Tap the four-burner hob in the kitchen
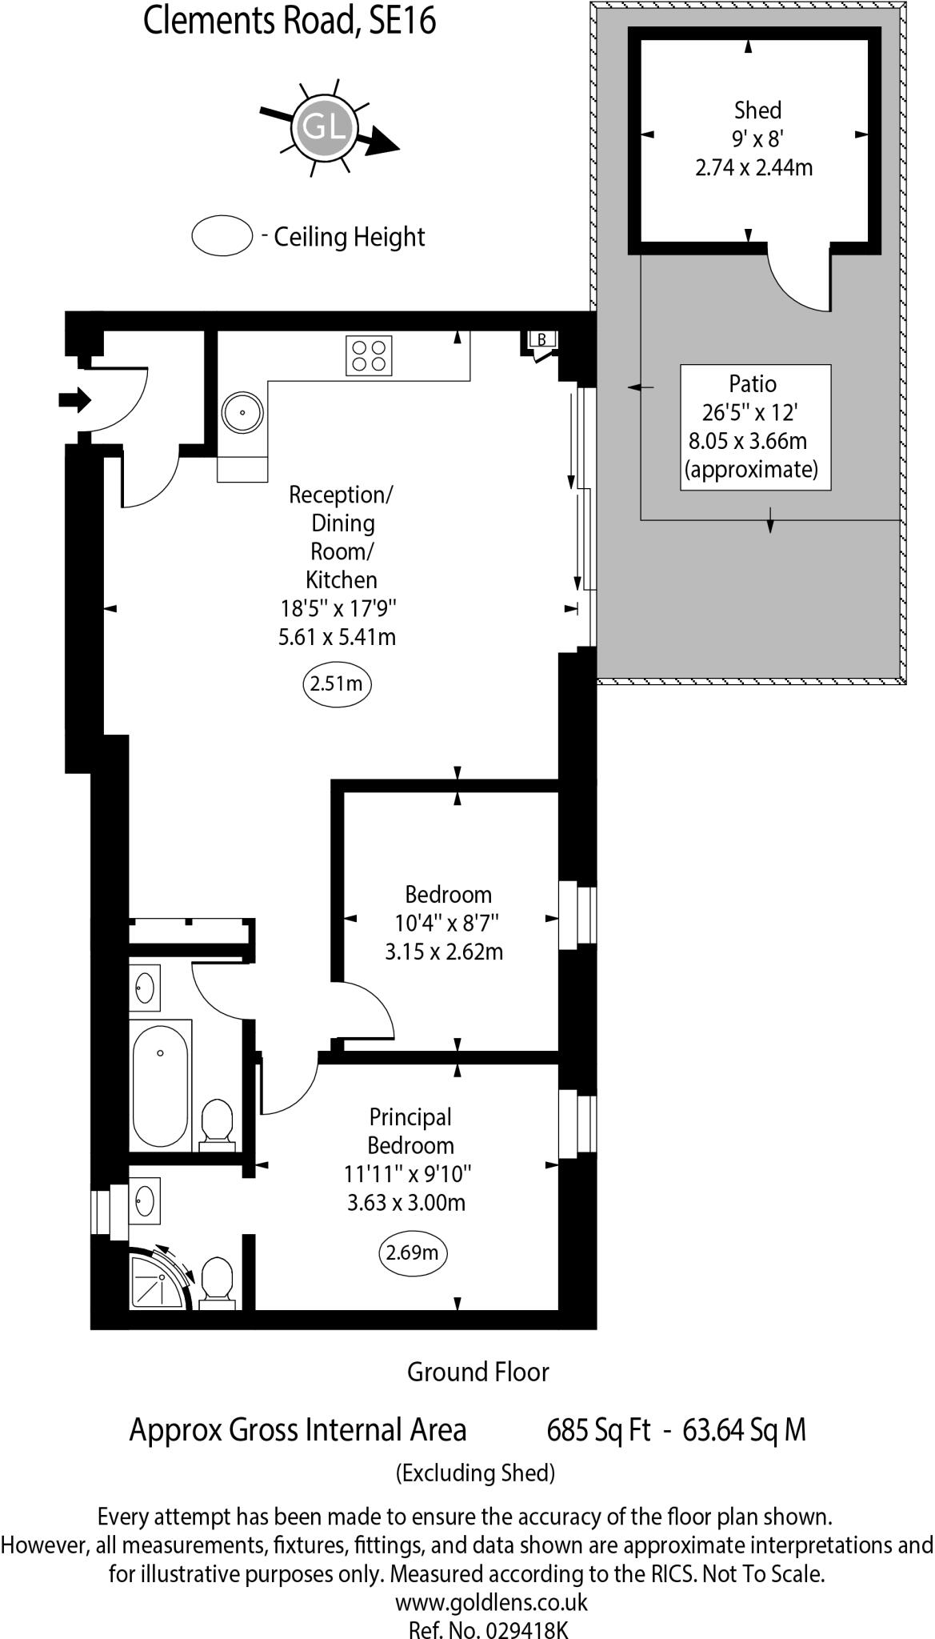[369, 355]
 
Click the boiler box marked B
[541, 339]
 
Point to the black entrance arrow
[75, 399]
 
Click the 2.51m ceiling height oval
[337, 684]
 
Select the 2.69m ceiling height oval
[412, 1252]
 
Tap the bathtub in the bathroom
[161, 1085]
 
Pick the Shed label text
[757, 110]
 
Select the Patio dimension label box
[755, 427]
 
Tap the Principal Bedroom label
[410, 1131]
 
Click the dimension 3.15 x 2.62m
[444, 952]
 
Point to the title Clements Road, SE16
[290, 22]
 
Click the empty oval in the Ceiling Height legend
[222, 236]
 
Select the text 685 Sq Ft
[598, 1430]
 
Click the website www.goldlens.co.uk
[491, 1602]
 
